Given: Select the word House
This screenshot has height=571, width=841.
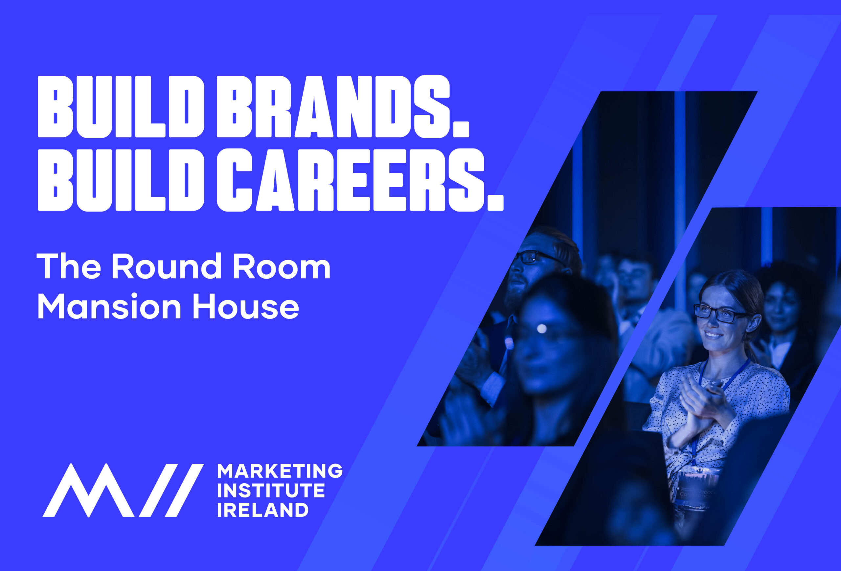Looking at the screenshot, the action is (x=246, y=306).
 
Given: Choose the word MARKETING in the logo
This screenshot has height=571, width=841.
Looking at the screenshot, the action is (x=280, y=471).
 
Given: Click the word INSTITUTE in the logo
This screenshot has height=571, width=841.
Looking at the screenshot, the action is (x=271, y=491).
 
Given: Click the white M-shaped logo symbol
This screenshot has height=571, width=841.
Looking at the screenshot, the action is (x=123, y=490).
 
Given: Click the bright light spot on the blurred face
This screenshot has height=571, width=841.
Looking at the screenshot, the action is (x=542, y=329).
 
